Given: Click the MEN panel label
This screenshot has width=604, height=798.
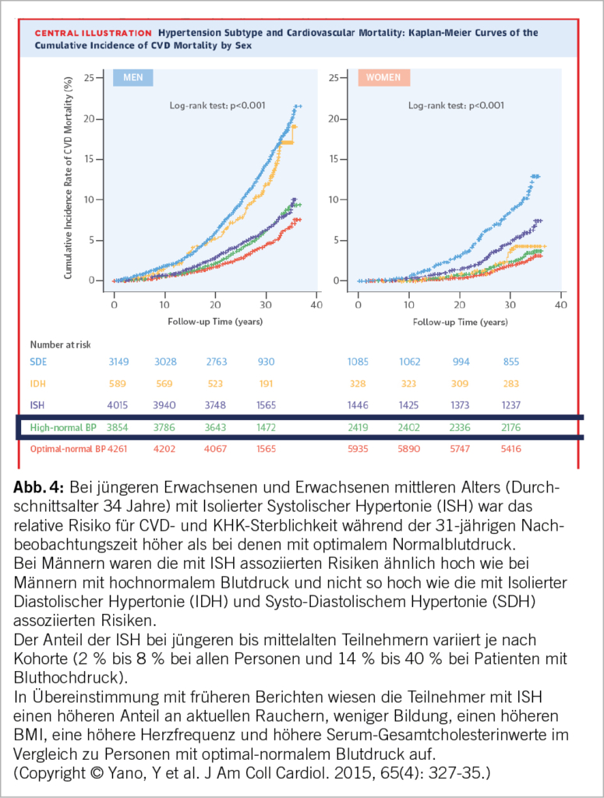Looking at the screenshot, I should tap(132, 78).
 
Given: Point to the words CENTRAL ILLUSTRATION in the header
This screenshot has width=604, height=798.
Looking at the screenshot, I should tap(93, 34).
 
